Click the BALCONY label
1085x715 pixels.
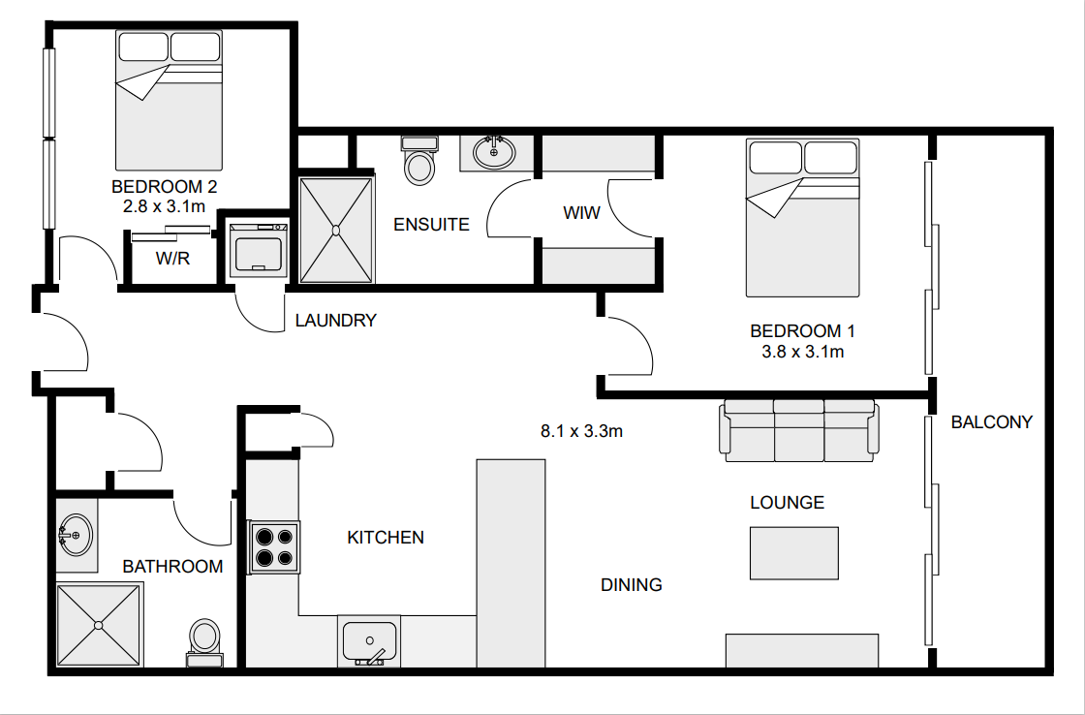[992, 421]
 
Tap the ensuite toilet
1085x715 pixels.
[419, 161]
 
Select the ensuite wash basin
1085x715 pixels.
[493, 152]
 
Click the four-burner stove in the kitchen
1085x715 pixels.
[274, 546]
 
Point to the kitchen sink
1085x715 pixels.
[369, 642]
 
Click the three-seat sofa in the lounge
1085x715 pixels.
[799, 430]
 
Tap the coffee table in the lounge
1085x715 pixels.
[794, 553]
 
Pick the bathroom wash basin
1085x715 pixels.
[77, 535]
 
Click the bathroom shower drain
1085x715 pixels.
[98, 626]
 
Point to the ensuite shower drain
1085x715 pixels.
[336, 230]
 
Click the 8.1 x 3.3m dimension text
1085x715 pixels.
[581, 431]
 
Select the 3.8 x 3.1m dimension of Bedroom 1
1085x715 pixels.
[803, 352]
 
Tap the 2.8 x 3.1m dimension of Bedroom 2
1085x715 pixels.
[164, 206]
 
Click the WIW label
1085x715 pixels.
[581, 212]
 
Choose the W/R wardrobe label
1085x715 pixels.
[173, 258]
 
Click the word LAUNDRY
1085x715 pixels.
[335, 321]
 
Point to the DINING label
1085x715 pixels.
[631, 585]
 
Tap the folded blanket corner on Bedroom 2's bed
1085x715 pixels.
[142, 83]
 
